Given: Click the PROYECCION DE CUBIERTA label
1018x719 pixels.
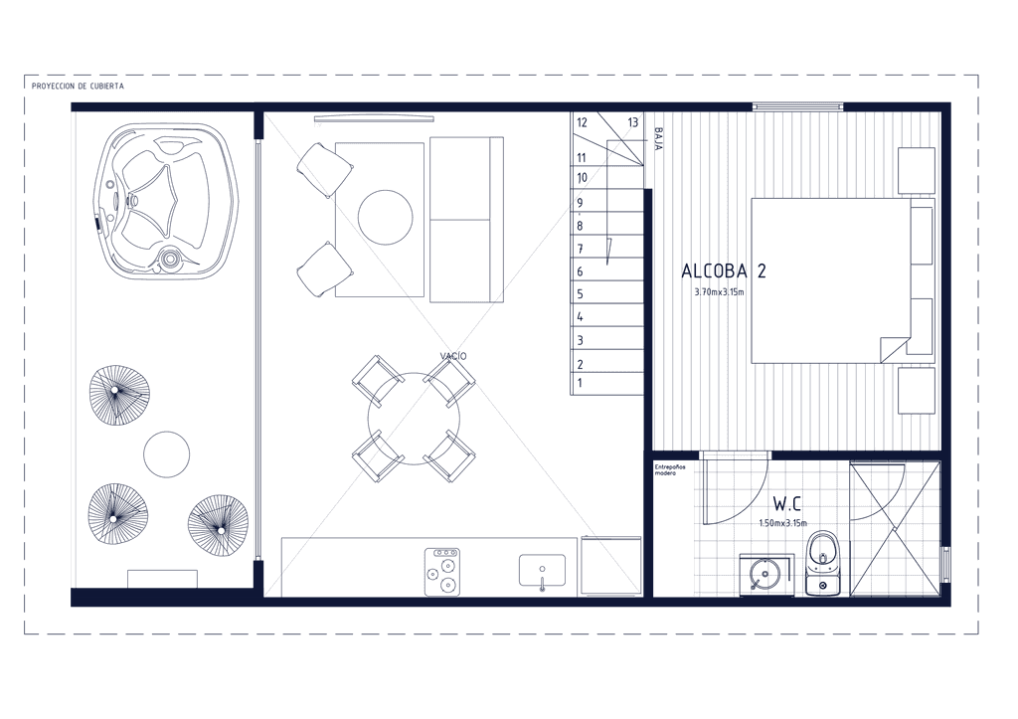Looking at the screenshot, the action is click(x=78, y=87).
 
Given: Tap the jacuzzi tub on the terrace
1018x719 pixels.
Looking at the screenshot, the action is click(x=164, y=199).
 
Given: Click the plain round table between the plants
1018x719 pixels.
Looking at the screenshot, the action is click(x=166, y=454).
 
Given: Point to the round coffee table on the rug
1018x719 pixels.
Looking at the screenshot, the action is click(x=385, y=218).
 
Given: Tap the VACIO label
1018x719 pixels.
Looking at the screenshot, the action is click(x=453, y=355).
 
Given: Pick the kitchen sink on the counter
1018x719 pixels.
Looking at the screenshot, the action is click(x=542, y=572).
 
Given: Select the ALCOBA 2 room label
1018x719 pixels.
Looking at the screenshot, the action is click(x=723, y=270).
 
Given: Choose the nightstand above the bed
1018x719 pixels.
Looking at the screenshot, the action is click(x=916, y=170).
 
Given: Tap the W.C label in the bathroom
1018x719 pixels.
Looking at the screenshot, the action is click(x=787, y=503).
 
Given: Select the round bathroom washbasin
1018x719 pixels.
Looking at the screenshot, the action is click(x=763, y=574).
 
